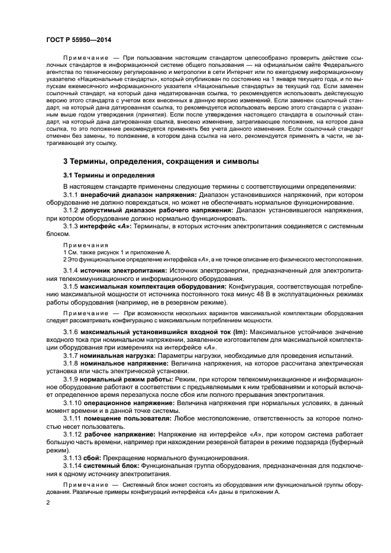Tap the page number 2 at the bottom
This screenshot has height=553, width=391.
pos(48,502)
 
